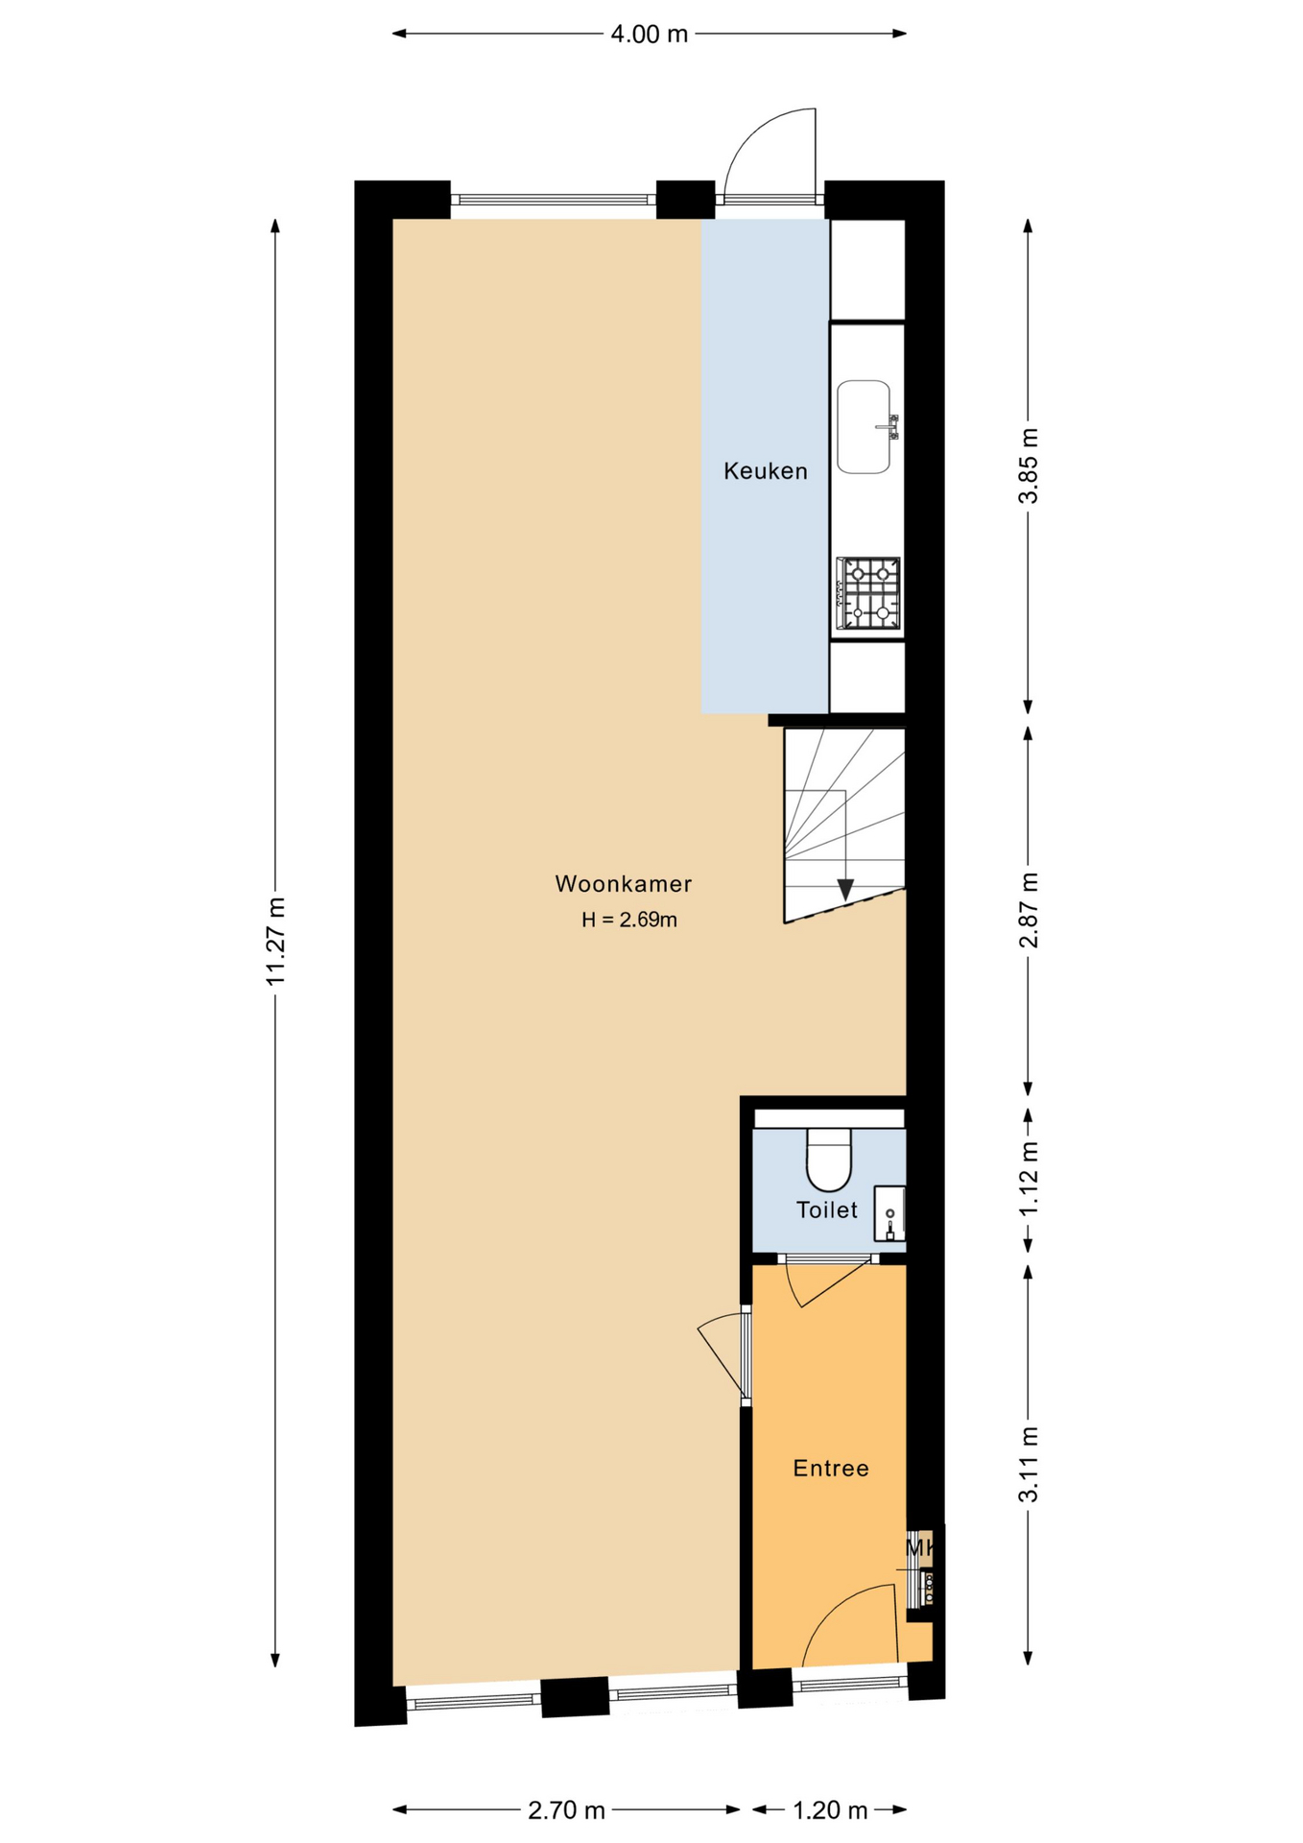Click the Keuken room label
pyautogui.click(x=765, y=471)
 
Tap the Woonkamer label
pyautogui.click(x=624, y=884)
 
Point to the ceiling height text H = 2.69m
pyautogui.click(x=629, y=920)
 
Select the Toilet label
pyautogui.click(x=826, y=1209)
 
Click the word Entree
pyautogui.click(x=831, y=1468)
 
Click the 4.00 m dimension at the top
pyautogui.click(x=650, y=35)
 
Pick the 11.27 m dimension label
pyautogui.click(x=276, y=942)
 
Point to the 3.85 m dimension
pyautogui.click(x=1029, y=466)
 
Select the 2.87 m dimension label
pyautogui.click(x=1029, y=910)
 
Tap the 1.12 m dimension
pyautogui.click(x=1029, y=1179)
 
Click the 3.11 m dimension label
pyautogui.click(x=1029, y=1465)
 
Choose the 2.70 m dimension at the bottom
pyautogui.click(x=566, y=1810)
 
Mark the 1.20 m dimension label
pyautogui.click(x=830, y=1810)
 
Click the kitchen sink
pyautogui.click(x=864, y=427)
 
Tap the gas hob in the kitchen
pyautogui.click(x=867, y=593)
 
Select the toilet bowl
pyautogui.click(x=829, y=1160)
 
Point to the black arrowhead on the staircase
pyautogui.click(x=845, y=890)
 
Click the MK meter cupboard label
pyautogui.click(x=920, y=1548)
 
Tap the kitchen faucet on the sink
pyautogui.click(x=888, y=426)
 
